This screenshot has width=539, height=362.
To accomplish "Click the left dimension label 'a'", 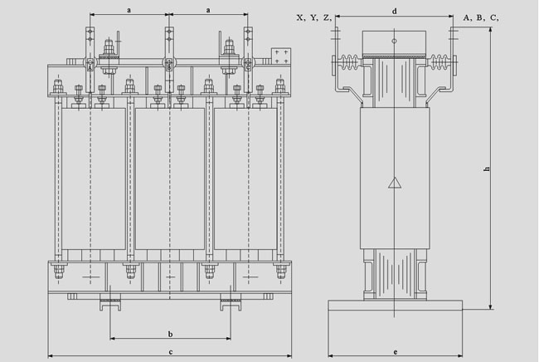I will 129,9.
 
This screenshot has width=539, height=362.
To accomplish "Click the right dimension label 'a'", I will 207,9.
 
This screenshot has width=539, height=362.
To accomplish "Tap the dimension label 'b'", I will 170,334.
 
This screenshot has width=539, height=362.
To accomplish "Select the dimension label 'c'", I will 170,352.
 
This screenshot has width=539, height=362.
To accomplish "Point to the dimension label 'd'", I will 395,11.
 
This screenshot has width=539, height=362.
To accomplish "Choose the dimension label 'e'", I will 395,352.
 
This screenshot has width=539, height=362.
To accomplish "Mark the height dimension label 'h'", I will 487,170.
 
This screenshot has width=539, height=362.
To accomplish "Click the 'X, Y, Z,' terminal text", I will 314,17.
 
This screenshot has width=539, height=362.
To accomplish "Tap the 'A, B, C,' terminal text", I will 481,17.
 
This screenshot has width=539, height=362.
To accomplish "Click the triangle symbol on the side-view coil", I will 395,183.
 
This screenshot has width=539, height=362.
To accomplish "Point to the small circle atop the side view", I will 395,40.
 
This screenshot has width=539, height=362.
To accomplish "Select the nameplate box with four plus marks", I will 280,57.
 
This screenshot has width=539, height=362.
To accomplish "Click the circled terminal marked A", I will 90,66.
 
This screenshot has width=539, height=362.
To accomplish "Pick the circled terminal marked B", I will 169,66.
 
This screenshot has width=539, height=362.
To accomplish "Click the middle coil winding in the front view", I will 169,179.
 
